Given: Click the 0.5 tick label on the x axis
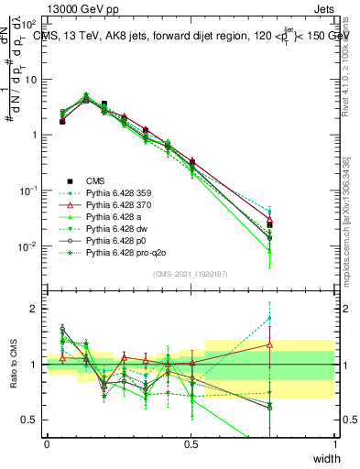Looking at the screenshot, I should [x=191, y=444].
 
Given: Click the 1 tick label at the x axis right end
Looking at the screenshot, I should [x=335, y=444].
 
